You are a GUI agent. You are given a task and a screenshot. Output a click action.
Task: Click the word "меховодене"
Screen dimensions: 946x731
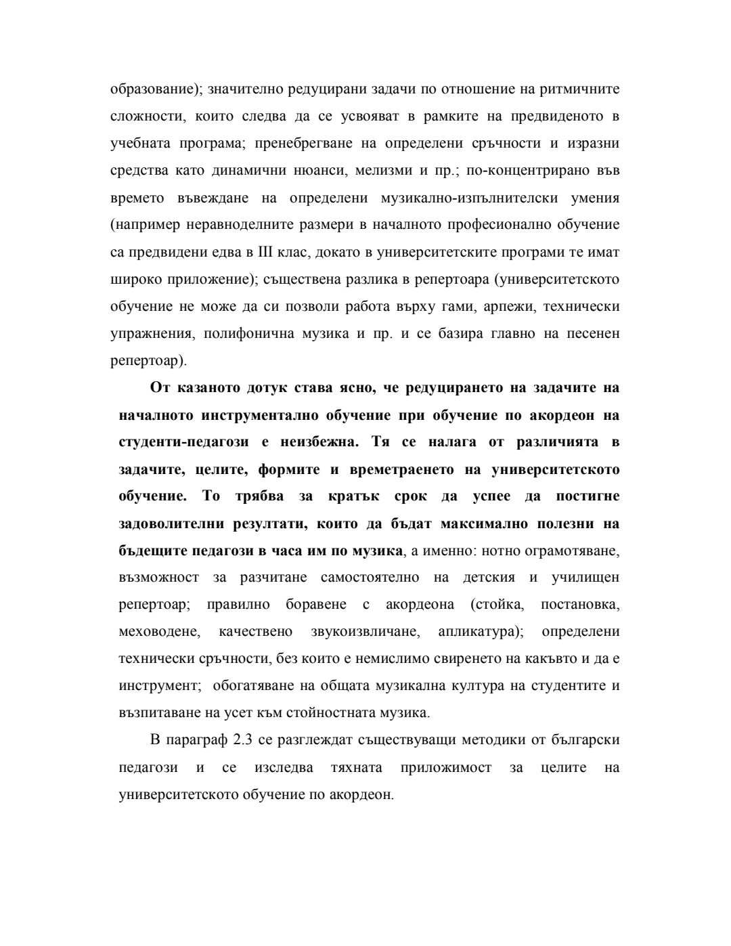(159, 632)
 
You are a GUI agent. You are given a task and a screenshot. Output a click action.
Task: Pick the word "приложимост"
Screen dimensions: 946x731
(445, 767)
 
